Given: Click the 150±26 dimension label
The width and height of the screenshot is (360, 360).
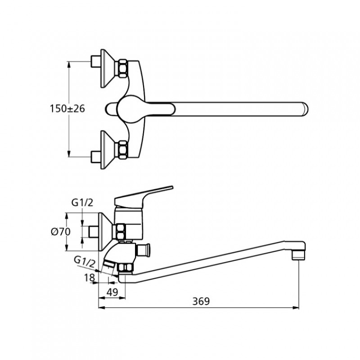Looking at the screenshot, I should tap(67, 109).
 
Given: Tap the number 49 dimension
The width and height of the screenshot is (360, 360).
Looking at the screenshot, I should tap(112, 292).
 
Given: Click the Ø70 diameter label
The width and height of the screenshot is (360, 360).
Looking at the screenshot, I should tap(60, 232).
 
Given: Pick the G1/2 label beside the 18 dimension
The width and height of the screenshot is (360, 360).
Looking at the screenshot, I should tap(85, 261).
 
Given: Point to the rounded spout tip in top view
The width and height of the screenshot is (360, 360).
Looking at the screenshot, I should tap(304, 109).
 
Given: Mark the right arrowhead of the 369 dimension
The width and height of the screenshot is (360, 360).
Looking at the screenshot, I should tap(297, 308).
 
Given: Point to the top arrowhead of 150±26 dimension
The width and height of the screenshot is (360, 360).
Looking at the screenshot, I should tap(69, 63).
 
